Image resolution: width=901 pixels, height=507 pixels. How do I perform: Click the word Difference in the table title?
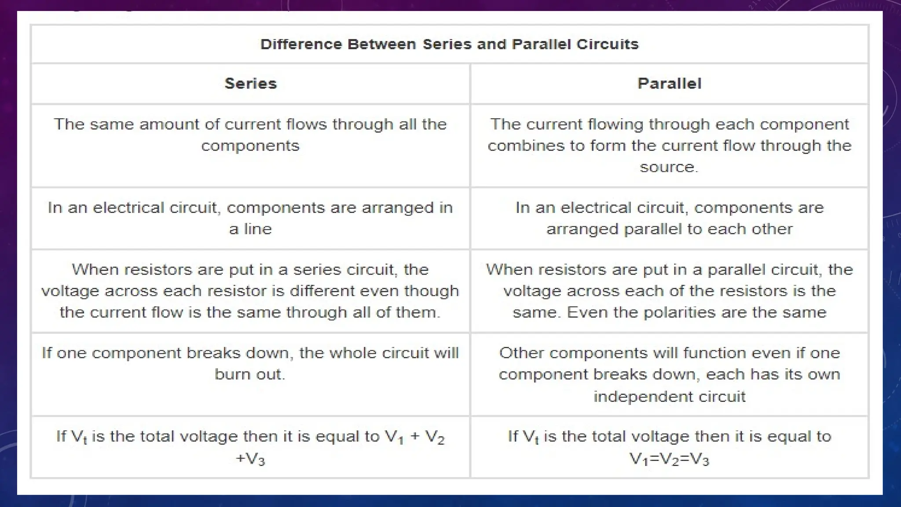coord(301,44)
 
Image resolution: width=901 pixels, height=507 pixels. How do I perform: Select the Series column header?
coord(250,84)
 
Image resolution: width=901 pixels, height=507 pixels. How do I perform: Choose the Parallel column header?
coord(669,84)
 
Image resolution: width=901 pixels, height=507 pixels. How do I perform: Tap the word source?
coord(668,167)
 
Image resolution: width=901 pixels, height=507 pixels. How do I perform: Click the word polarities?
coord(679,312)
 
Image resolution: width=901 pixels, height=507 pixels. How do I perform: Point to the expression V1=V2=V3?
coord(669,459)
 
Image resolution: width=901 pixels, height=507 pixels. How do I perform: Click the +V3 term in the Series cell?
coord(250,459)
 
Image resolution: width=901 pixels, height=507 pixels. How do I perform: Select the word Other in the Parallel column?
coord(521,353)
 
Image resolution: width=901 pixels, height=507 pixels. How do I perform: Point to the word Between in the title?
coord(381,44)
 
